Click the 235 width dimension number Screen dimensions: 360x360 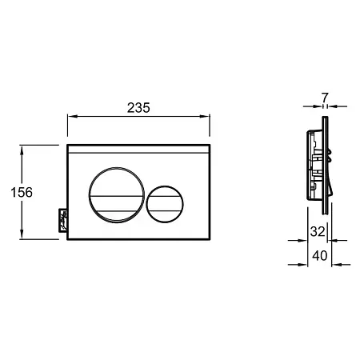(138, 108)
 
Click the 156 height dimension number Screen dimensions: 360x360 (22, 192)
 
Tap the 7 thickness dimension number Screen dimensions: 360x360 (325, 98)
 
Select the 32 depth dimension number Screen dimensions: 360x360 (318, 231)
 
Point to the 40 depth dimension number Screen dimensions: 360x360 (320, 256)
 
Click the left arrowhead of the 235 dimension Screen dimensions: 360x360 (72, 116)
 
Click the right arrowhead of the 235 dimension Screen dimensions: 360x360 (205, 116)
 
